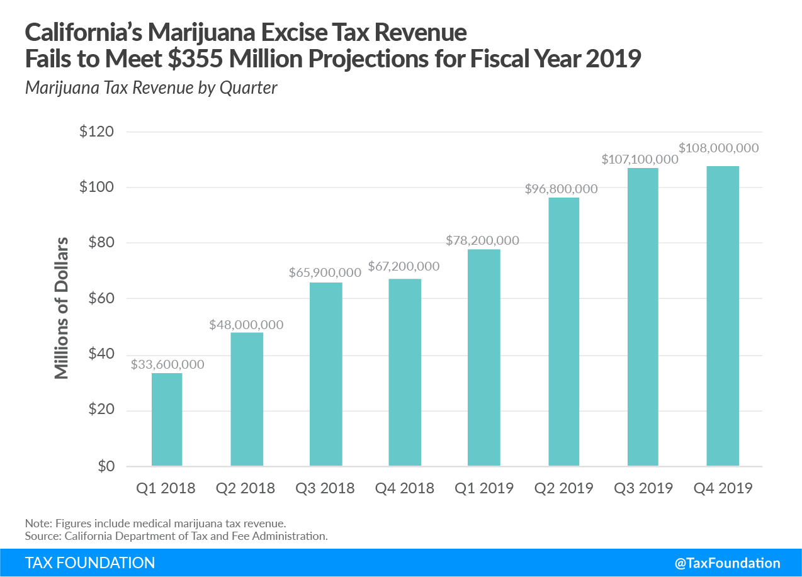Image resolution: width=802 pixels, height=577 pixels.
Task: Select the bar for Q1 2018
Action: click(167, 420)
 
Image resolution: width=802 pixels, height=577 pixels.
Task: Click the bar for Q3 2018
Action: click(325, 374)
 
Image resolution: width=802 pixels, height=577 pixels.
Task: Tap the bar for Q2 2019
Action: click(563, 332)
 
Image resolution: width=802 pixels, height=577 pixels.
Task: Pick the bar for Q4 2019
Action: click(722, 316)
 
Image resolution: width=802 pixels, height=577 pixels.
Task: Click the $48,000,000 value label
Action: click(247, 325)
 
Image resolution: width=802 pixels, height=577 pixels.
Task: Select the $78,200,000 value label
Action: click(482, 240)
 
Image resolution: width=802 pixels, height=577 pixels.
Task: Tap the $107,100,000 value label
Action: click(640, 159)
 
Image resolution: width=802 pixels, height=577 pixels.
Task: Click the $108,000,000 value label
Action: click(719, 148)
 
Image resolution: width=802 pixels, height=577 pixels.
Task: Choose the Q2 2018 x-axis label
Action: click(246, 488)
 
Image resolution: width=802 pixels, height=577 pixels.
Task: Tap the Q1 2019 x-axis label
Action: click(483, 488)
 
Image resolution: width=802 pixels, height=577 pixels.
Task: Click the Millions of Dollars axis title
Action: click(61, 307)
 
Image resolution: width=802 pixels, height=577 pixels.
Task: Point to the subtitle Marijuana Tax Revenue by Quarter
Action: click(151, 87)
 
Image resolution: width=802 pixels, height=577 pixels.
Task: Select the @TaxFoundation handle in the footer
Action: click(727, 563)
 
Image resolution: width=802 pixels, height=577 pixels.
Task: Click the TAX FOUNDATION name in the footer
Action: click(90, 563)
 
